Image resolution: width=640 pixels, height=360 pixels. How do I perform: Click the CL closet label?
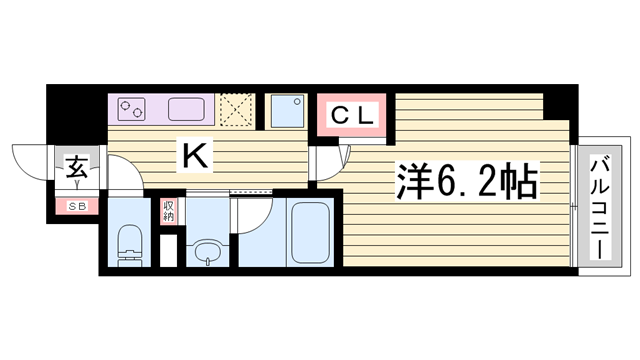[352, 115]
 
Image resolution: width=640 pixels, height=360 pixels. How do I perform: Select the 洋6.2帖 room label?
[467, 181]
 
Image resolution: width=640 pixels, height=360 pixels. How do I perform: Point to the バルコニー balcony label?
[600, 207]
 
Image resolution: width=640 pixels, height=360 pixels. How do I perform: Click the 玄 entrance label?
[77, 167]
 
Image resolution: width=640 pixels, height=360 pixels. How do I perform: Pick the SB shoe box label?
[77, 207]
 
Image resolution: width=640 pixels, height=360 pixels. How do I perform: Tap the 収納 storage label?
[168, 211]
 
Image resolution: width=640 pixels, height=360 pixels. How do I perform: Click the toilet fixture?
[129, 245]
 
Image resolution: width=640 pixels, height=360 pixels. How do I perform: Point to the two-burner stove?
[131, 109]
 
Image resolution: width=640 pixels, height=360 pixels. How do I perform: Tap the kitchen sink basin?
[186, 109]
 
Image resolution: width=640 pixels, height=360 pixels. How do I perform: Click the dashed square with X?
[236, 111]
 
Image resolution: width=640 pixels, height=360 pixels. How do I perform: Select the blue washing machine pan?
[288, 111]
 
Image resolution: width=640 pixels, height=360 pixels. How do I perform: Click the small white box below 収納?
[168, 251]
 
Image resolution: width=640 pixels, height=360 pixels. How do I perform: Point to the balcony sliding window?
[574, 206]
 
